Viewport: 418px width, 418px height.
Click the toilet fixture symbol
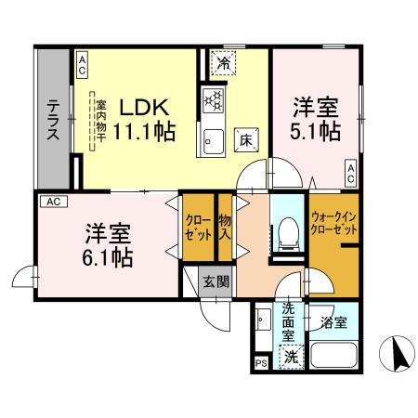[286, 232]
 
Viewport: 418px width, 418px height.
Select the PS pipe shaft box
[260, 363]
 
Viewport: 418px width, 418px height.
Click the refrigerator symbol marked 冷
[224, 62]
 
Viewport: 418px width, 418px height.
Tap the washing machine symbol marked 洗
[291, 355]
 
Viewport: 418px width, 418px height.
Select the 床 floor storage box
[248, 137]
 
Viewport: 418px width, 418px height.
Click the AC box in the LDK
[82, 63]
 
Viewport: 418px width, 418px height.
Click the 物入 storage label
[225, 228]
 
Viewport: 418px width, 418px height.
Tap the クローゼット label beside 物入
[197, 228]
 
